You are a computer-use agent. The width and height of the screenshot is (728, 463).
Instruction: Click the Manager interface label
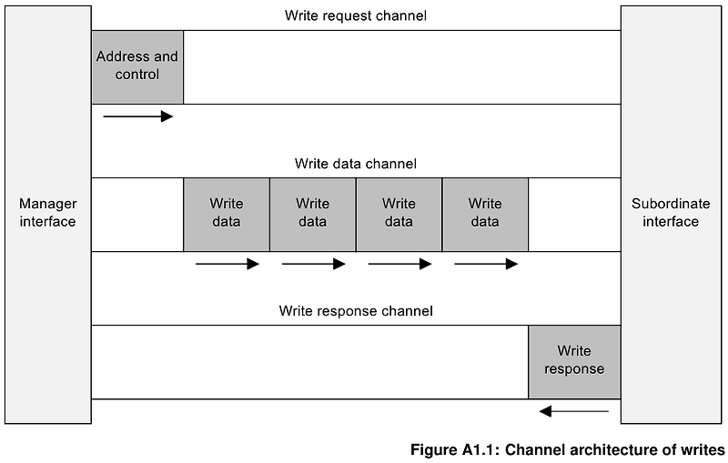48,213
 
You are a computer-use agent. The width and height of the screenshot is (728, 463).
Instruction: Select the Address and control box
137,66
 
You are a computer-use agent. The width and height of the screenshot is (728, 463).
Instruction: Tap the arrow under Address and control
137,116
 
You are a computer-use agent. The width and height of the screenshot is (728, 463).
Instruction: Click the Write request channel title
355,15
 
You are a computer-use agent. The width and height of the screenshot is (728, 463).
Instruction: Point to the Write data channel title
355,164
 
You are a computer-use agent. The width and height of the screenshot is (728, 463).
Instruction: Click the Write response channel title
355,311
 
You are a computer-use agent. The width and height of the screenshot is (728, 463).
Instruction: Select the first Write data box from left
226,214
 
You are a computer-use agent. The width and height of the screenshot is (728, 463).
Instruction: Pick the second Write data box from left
312,214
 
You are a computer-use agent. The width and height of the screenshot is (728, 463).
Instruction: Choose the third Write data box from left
399,214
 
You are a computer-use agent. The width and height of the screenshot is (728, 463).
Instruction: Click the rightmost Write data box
485,214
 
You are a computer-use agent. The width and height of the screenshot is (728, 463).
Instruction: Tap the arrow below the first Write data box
227,264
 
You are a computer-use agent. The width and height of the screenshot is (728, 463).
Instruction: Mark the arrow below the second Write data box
313,264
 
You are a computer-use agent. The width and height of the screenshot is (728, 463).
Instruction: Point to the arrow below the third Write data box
399,264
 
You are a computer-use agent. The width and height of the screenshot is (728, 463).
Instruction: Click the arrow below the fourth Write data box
486,264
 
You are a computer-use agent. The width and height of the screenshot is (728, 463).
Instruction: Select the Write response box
574,360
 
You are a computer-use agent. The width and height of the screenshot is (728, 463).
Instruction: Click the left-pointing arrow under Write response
573,411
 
